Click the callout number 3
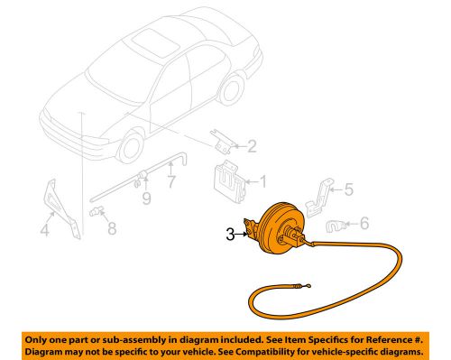[x=230, y=235]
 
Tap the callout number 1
[x=262, y=182]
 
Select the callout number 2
[x=252, y=146]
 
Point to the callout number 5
[x=349, y=189]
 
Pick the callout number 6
[x=364, y=224]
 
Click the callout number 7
[x=170, y=181]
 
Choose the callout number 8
[x=112, y=228]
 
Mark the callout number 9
[x=146, y=198]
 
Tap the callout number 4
[x=44, y=230]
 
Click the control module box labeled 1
[x=229, y=182]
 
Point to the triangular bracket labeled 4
[x=61, y=208]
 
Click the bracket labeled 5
[x=318, y=198]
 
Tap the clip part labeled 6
[x=336, y=226]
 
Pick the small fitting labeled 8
[x=97, y=211]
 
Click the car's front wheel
[x=132, y=148]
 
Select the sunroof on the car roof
[x=156, y=42]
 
